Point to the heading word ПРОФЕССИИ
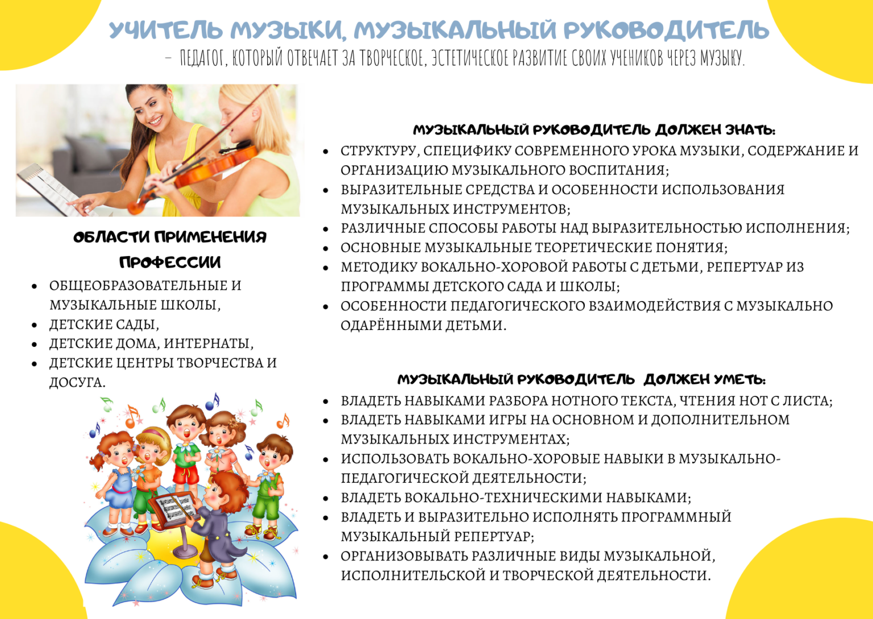(170, 262)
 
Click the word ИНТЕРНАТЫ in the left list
(209, 344)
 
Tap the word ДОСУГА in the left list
(77, 383)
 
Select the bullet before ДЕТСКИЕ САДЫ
(35, 324)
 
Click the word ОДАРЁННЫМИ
(391, 325)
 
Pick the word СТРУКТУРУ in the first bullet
(380, 151)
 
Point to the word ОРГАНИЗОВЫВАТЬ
(405, 556)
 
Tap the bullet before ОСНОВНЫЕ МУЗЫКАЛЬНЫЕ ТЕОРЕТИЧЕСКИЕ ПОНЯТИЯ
(326, 248)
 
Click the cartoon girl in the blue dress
(117, 483)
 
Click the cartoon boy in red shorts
(186, 455)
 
